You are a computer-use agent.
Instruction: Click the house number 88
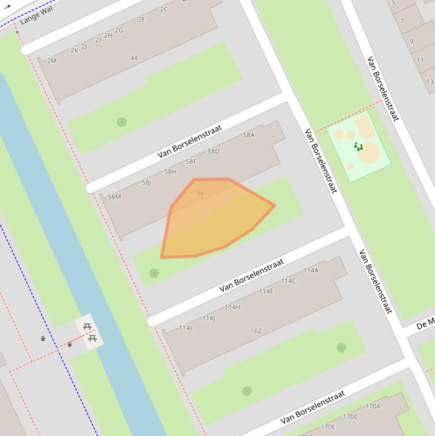coord(200,193)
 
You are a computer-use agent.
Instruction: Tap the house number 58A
coord(249,135)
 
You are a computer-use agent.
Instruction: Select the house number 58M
coord(114,197)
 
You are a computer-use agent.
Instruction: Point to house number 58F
coord(191,162)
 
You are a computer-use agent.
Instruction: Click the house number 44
coord(134,58)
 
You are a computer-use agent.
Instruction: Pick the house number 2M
coord(52,61)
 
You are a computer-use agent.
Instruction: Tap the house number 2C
coord(164,9)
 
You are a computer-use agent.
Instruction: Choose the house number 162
coord(256,331)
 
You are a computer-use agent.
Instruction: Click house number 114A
coord(311,271)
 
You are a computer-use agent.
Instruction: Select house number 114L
coord(186,328)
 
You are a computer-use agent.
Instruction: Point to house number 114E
coord(266,292)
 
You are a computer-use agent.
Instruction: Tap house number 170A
coord(373,407)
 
